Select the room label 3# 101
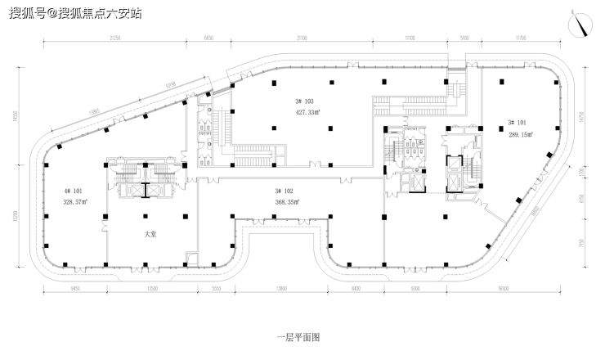[517, 124]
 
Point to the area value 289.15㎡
[521, 134]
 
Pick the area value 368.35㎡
[286, 200]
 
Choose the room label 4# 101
[71, 191]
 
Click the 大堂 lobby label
[150, 233]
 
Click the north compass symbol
[583, 25]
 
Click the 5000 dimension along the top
[464, 37]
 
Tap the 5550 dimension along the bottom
[217, 289]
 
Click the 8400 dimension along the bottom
[356, 289]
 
